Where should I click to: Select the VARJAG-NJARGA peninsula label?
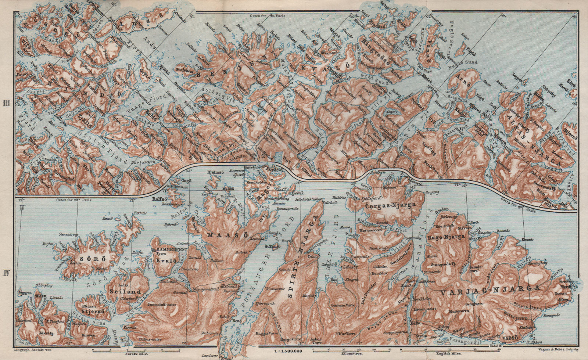(x=491, y=288)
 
